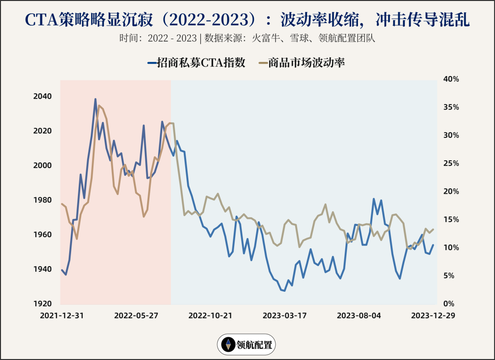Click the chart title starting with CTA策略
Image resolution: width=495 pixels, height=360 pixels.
(x=247, y=20)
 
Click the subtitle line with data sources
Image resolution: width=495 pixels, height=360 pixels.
(x=247, y=38)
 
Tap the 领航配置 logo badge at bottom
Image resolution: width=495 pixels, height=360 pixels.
(x=247, y=344)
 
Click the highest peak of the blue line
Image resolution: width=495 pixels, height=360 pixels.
(x=95, y=99)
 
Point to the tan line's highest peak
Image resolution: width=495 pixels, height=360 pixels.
(x=99, y=105)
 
